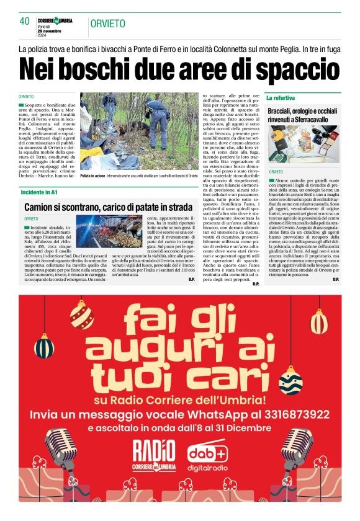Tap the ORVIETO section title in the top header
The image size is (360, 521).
point(107,24)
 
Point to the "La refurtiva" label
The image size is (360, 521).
point(281,98)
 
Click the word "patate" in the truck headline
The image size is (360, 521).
point(158,207)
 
